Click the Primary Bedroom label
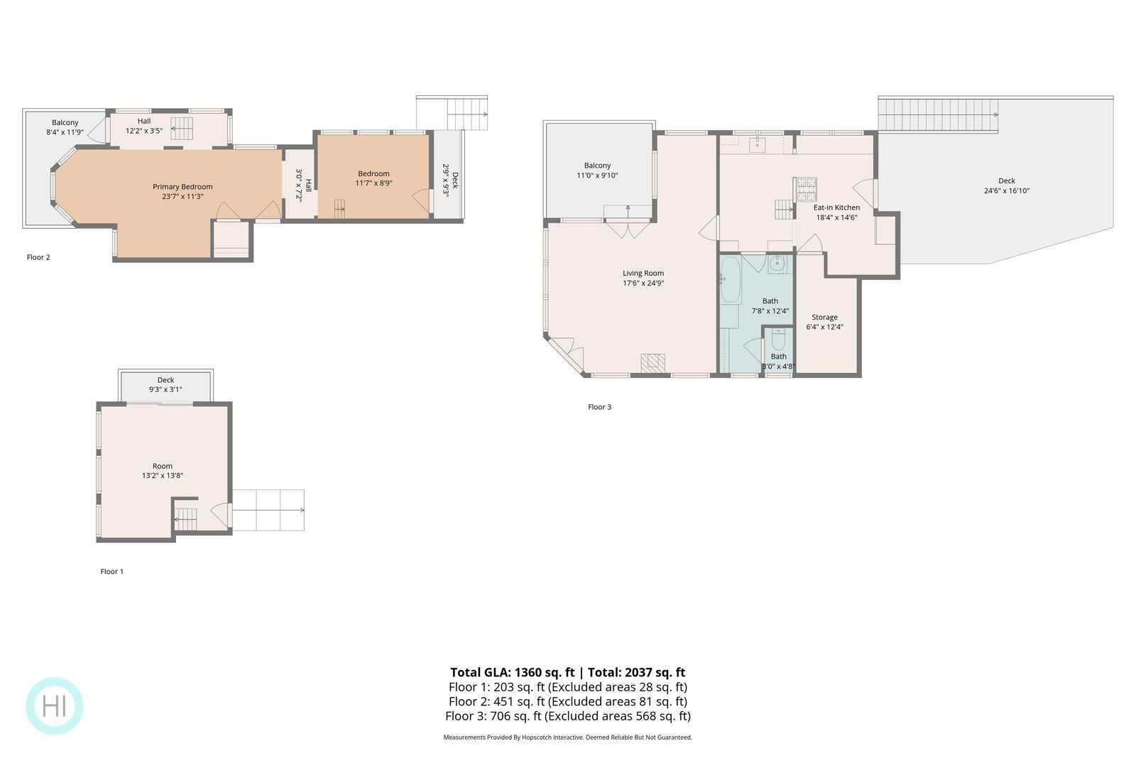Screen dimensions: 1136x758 (182, 187)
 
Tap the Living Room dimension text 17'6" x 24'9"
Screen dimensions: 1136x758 (643, 283)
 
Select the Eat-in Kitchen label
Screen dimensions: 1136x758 (836, 207)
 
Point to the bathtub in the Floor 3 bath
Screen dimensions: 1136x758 (731, 280)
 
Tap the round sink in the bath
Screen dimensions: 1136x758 (777, 264)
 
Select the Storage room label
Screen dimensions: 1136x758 (824, 317)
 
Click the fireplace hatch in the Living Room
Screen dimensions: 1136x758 (652, 363)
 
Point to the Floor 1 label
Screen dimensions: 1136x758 (112, 571)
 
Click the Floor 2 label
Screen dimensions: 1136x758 (38, 257)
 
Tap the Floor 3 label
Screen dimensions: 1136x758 (599, 407)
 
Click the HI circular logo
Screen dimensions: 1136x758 (55, 705)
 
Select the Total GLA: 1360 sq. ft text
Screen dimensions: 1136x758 (512, 672)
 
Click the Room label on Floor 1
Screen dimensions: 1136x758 (163, 466)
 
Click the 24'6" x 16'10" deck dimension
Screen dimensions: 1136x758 (1007, 191)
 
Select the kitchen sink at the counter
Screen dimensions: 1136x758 (758, 144)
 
